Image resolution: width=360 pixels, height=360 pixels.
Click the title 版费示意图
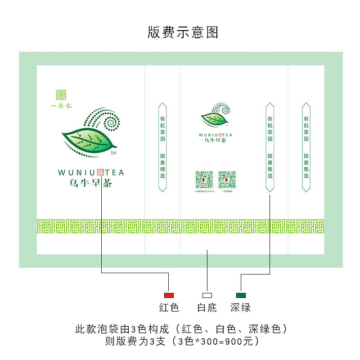183,32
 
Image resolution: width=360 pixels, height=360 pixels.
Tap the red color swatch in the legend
169,295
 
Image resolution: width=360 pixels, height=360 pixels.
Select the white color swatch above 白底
207,295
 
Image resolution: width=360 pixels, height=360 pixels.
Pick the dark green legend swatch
241,295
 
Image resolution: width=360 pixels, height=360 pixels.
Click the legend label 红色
169,308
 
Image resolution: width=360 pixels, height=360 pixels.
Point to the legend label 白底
207,308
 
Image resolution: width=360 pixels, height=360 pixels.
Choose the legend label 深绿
241,308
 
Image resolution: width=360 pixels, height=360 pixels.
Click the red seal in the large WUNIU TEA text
100,172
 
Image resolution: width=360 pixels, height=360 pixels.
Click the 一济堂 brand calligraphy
62,106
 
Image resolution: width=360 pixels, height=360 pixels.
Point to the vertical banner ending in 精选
162,147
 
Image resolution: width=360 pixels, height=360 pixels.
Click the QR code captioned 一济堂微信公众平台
204,180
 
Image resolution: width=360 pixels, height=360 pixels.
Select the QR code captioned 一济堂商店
227,180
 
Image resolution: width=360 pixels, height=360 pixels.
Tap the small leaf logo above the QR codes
214,118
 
